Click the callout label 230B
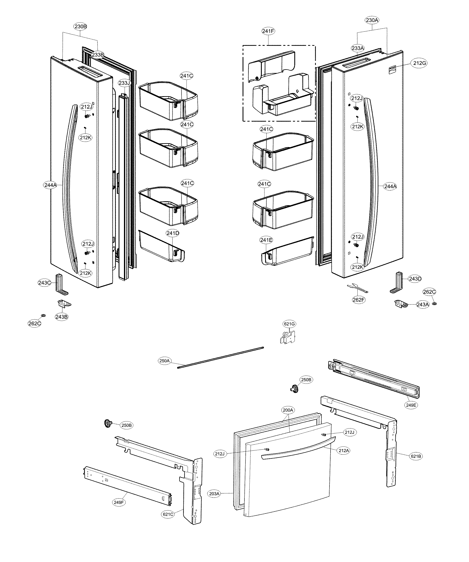pyautogui.click(x=81, y=27)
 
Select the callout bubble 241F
pyautogui.click(x=268, y=31)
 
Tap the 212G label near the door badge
pyautogui.click(x=420, y=63)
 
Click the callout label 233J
pyautogui.click(x=124, y=83)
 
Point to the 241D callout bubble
pyautogui.click(x=173, y=233)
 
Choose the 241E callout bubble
pyautogui.click(x=266, y=240)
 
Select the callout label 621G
pyautogui.click(x=289, y=324)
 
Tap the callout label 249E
pyautogui.click(x=411, y=405)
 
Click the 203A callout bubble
pyautogui.click(x=214, y=494)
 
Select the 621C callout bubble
pyautogui.click(x=168, y=514)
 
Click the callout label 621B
pyautogui.click(x=416, y=456)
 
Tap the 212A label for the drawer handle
pyautogui.click(x=344, y=451)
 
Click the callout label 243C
pyautogui.click(x=44, y=283)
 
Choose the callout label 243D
pyautogui.click(x=415, y=279)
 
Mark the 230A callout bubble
pyautogui.click(x=372, y=20)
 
